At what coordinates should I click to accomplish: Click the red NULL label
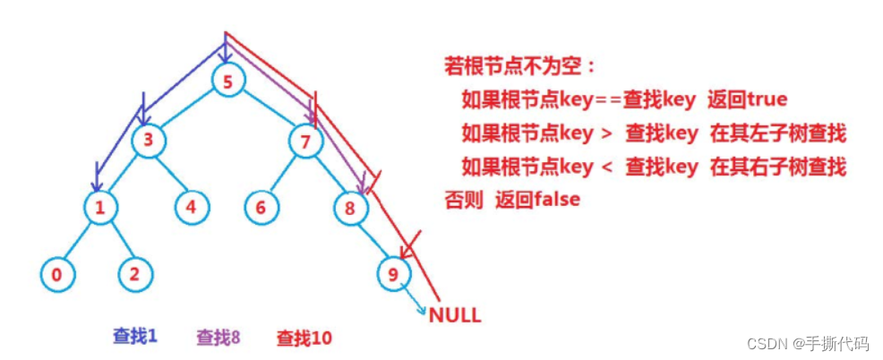[x=455, y=315]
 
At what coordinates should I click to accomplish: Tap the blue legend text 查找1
[x=134, y=337]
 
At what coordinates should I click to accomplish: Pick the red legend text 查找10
[x=304, y=339]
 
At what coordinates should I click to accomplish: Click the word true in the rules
[x=766, y=99]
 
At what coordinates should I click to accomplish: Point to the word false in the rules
[x=556, y=200]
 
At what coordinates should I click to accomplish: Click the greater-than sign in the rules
[x=607, y=133]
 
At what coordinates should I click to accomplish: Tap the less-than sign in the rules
[x=607, y=167]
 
